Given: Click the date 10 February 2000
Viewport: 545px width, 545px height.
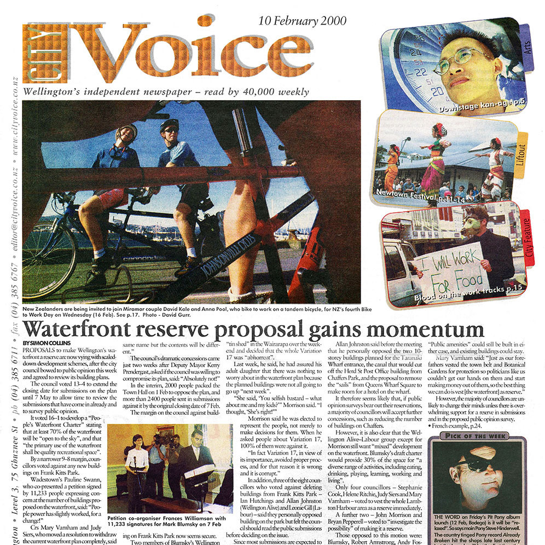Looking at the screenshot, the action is tap(303, 21).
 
